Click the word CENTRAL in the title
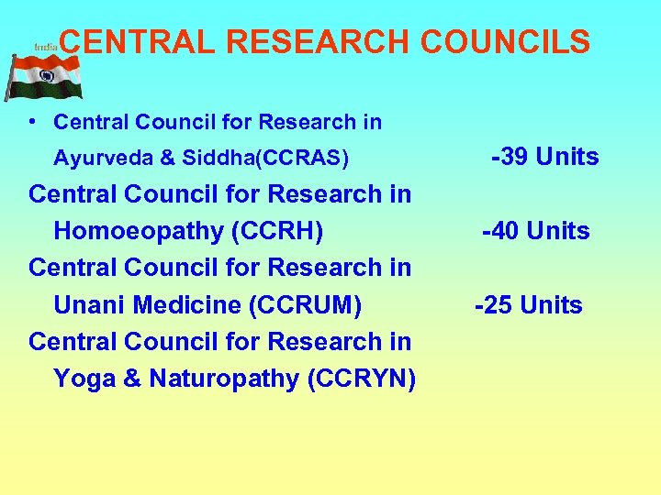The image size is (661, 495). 138,41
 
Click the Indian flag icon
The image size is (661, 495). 43,77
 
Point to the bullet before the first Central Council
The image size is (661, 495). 32,121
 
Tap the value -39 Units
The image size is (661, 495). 545,157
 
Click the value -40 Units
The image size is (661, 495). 536,231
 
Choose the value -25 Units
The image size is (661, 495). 528,304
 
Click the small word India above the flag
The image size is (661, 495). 45,45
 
